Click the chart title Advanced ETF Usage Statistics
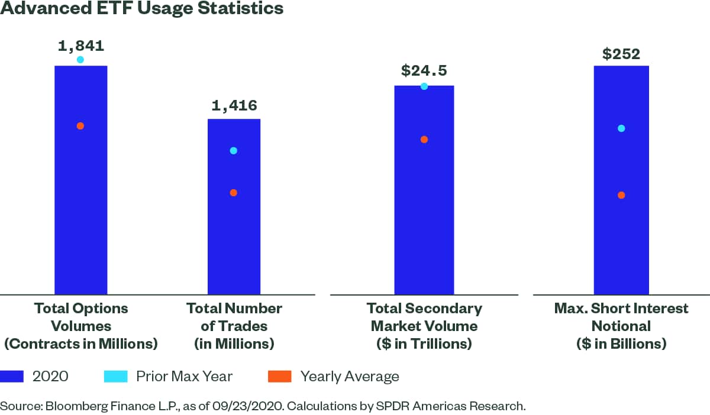[x=142, y=9]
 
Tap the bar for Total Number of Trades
[x=234, y=236]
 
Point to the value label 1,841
[x=80, y=46]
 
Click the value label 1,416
[x=234, y=106]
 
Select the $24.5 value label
[x=424, y=71]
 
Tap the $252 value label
[x=621, y=54]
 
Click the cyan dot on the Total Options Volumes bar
[x=80, y=60]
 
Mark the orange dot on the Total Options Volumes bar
[x=80, y=126]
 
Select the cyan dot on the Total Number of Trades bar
[x=234, y=151]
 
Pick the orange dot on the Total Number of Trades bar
[x=234, y=193]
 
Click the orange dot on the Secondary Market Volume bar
[x=424, y=140]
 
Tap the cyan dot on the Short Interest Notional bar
[x=621, y=128]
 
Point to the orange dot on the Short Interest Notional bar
[x=621, y=195]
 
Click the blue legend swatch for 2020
[x=12, y=377]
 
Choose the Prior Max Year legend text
[x=184, y=377]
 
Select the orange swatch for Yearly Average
[x=280, y=377]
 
